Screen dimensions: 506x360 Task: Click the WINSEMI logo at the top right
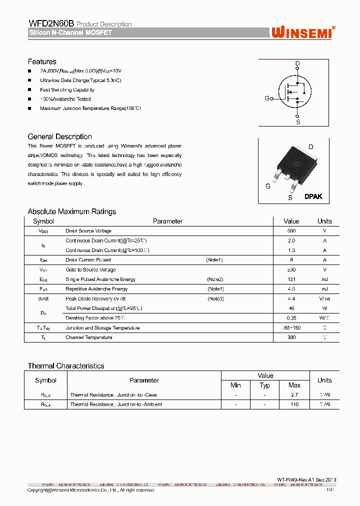tap(303, 32)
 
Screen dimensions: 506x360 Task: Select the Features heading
tap(42, 61)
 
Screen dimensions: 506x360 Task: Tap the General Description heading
tap(59, 136)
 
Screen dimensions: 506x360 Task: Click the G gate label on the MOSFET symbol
tap(267, 98)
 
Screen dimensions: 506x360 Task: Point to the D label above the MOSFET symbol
tap(297, 63)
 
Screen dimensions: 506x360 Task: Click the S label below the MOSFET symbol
tap(298, 121)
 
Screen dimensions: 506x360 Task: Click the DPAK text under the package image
tap(313, 196)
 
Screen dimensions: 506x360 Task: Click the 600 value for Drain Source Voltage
tap(291, 231)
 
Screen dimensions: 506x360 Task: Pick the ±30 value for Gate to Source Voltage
tap(291, 269)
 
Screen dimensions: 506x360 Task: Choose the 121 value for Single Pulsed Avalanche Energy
tap(291, 279)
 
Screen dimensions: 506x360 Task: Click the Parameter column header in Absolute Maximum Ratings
tap(167, 221)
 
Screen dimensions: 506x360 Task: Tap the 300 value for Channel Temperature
tap(291, 337)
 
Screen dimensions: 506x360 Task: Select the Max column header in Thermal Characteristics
tap(294, 385)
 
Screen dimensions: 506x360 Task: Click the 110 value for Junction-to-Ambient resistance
tap(294, 404)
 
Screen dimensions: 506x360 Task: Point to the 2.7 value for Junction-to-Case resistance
tap(294, 395)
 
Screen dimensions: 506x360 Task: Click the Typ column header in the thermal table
tap(265, 385)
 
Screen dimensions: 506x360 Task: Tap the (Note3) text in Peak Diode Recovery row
tap(216, 298)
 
